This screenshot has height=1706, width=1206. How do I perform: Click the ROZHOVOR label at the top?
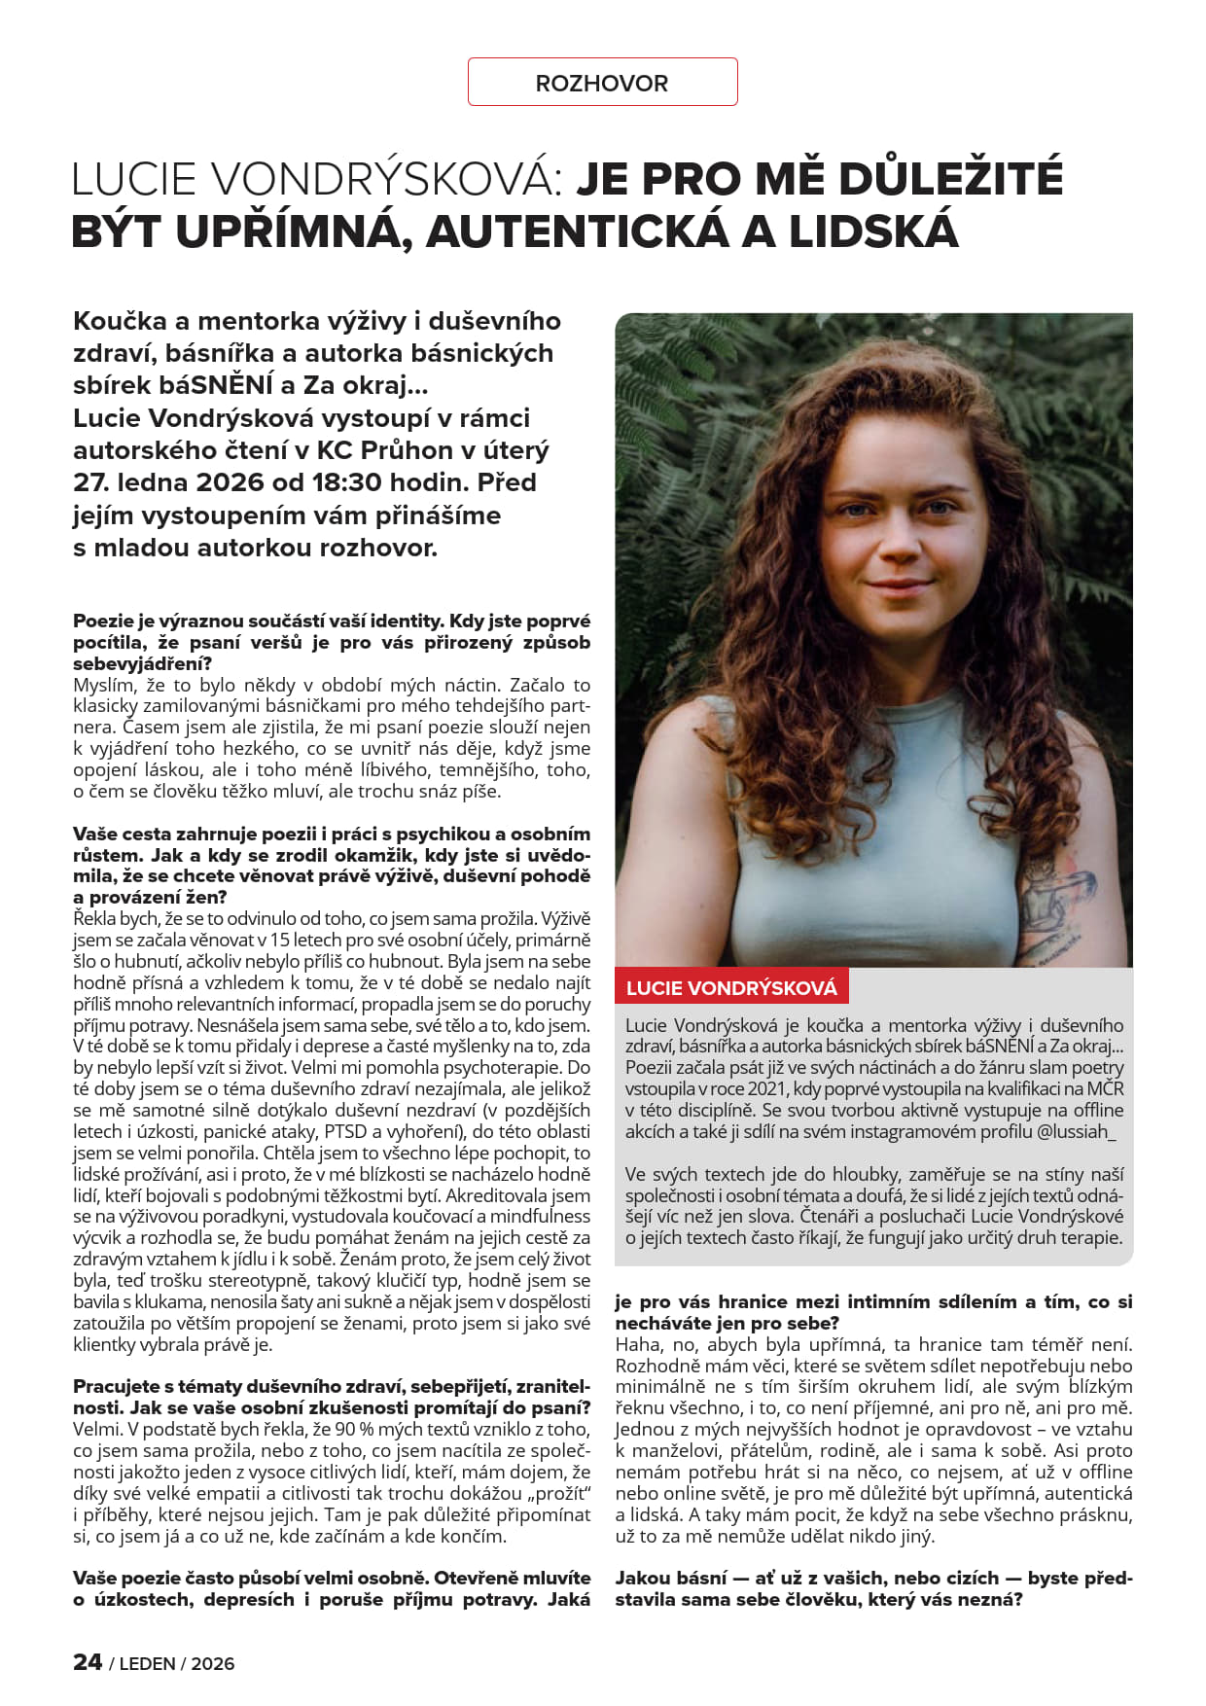point(602,84)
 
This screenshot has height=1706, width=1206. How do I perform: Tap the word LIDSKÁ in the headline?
point(872,231)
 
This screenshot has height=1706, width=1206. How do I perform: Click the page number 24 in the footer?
point(88,1662)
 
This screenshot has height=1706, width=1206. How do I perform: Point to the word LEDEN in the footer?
point(148,1664)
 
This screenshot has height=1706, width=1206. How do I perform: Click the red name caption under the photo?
point(731,988)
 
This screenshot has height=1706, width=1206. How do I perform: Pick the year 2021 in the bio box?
point(768,1088)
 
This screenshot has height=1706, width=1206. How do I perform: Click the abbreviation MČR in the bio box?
point(1105,1088)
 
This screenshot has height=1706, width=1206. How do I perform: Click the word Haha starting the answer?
point(637,1344)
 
